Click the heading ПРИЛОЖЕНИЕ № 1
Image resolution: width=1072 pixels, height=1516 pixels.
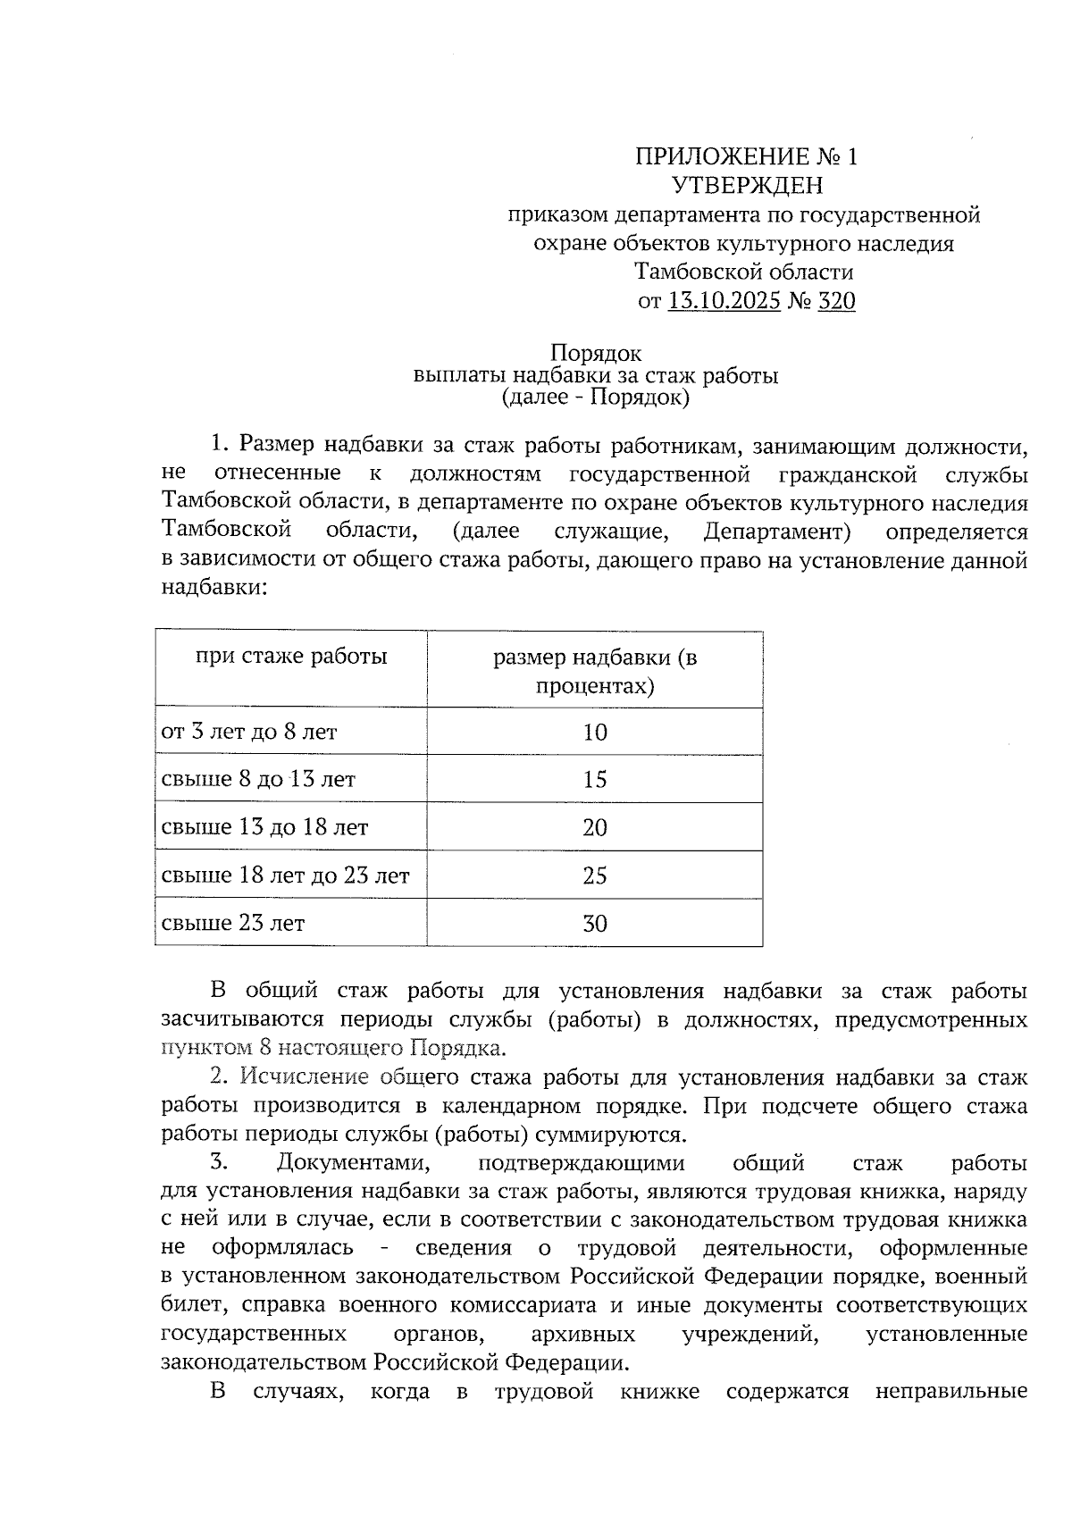(746, 158)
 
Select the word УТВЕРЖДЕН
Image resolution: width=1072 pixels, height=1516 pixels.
(746, 186)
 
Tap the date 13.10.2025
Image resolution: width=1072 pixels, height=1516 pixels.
(724, 301)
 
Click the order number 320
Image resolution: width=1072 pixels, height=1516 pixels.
(836, 301)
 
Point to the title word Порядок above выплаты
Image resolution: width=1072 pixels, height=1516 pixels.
(596, 354)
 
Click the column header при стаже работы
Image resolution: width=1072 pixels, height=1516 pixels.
(291, 657)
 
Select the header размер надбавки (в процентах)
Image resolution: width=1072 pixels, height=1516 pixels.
(595, 672)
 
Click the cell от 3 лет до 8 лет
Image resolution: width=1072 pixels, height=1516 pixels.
(249, 733)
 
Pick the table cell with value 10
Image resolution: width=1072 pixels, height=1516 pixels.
(595, 733)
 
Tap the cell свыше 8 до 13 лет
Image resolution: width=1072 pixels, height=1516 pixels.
(258, 780)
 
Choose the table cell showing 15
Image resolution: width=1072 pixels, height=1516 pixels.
(595, 780)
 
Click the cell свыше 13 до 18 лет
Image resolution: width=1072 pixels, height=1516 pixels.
(264, 827)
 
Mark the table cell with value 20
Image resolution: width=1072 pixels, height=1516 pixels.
(595, 827)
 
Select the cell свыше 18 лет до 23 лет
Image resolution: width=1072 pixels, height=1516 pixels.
(285, 875)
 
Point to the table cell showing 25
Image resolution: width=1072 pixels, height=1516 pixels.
(595, 875)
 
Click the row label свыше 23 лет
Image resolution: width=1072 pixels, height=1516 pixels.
(233, 923)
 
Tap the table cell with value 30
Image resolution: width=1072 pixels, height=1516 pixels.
(595, 923)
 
